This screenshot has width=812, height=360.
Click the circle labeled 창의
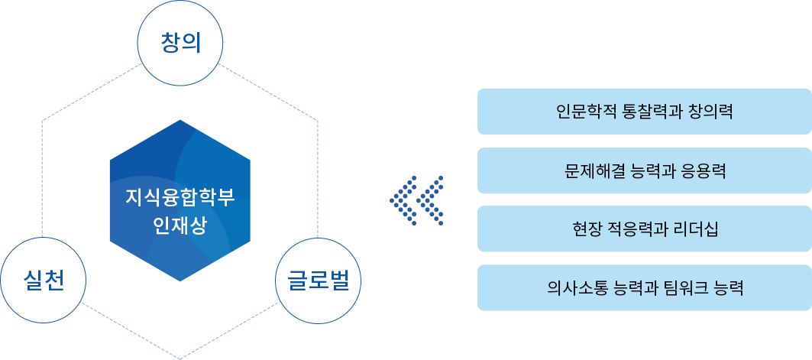coord(180,43)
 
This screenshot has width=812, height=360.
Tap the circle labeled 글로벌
coord(318,280)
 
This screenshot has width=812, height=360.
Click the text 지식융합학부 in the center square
coord(180,196)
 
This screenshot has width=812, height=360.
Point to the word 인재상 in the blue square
coord(180,226)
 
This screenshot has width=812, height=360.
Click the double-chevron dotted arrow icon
coord(416,200)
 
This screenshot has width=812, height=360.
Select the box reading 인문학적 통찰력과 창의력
coord(643,112)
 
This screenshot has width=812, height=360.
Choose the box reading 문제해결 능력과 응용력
coord(643,170)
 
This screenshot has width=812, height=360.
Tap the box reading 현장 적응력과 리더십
coord(643,229)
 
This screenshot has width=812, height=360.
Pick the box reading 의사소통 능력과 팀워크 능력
coord(643,288)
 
